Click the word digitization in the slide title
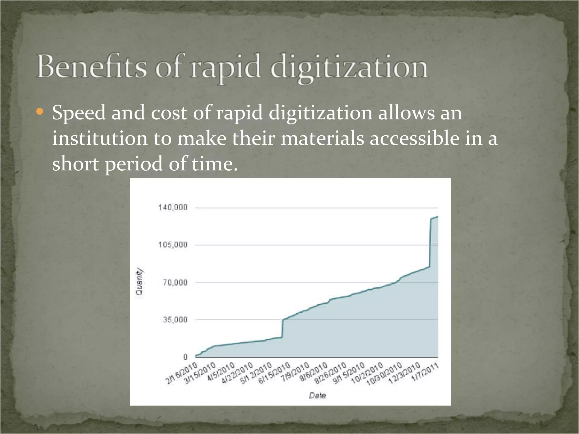pyautogui.click(x=349, y=68)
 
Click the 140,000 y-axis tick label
pyautogui.click(x=173, y=208)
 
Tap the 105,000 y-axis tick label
pyautogui.click(x=173, y=245)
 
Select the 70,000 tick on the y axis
pyautogui.click(x=175, y=282)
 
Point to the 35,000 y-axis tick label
pyautogui.click(x=175, y=320)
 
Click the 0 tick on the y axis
pyautogui.click(x=185, y=357)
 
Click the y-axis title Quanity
pyautogui.click(x=139, y=281)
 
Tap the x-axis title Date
pyautogui.click(x=317, y=396)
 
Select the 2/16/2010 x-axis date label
pyautogui.click(x=181, y=373)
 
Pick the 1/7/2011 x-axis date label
pyautogui.click(x=425, y=372)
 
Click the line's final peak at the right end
pyautogui.click(x=437, y=217)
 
